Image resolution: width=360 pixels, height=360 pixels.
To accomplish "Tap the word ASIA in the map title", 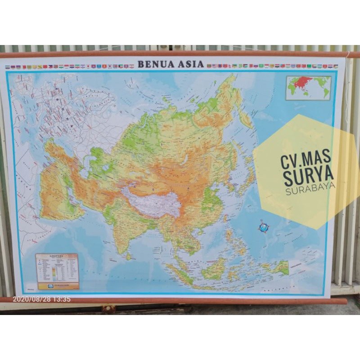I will [x=191, y=64].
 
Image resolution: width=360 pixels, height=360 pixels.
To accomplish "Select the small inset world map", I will [x=308, y=87].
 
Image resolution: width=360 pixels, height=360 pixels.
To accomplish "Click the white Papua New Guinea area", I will [x=299, y=265].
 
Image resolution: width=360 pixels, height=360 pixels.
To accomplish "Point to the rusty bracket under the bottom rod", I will [x=108, y=309].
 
